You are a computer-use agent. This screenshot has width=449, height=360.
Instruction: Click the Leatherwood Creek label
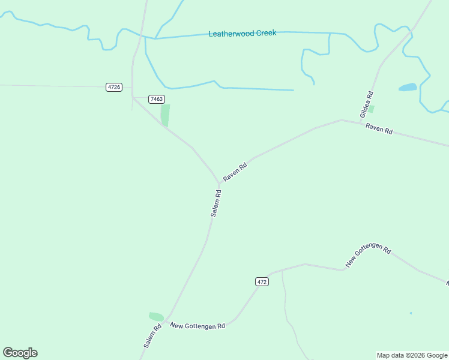[x=243, y=34]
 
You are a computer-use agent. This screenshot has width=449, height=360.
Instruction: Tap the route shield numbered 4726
[x=113, y=87]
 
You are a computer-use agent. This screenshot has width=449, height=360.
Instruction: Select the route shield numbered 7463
[x=156, y=99]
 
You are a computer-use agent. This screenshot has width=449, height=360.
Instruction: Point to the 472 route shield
[x=261, y=281]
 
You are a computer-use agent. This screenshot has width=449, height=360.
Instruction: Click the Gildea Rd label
[x=367, y=103]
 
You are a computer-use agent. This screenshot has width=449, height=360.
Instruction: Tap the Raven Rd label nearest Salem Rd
[x=235, y=172]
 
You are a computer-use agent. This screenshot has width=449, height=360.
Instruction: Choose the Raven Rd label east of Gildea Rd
[x=379, y=128]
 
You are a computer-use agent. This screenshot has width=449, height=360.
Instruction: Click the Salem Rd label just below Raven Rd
[x=216, y=203]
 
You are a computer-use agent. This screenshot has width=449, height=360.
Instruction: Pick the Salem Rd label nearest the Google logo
[x=152, y=336]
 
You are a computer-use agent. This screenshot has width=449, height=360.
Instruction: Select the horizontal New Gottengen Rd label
[x=197, y=326]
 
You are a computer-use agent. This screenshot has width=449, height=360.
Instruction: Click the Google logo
[x=20, y=353]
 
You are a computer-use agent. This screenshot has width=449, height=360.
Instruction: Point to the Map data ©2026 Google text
[x=412, y=355]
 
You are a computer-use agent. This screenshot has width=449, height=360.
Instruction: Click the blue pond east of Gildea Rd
[x=408, y=87]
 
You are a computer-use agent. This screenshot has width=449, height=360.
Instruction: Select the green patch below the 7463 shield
[x=165, y=115]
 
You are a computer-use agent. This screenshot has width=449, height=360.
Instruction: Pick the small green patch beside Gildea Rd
[x=371, y=109]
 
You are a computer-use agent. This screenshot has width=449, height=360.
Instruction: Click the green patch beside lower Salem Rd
[x=156, y=316]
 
